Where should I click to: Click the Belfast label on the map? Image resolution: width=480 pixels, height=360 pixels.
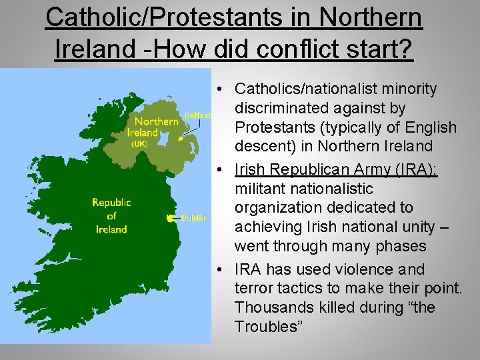[x=197, y=115]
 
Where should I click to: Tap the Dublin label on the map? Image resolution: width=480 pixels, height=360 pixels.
[x=193, y=218]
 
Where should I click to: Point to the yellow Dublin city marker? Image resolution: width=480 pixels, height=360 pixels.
[x=170, y=218]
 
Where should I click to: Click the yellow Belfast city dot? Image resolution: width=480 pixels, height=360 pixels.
[x=180, y=139]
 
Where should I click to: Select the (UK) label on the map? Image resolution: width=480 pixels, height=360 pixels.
[x=139, y=143]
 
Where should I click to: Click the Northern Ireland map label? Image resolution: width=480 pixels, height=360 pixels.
[x=155, y=127]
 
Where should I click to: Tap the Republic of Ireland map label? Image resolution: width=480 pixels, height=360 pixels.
[x=111, y=215]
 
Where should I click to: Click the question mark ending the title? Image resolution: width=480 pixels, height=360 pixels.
[x=406, y=49]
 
